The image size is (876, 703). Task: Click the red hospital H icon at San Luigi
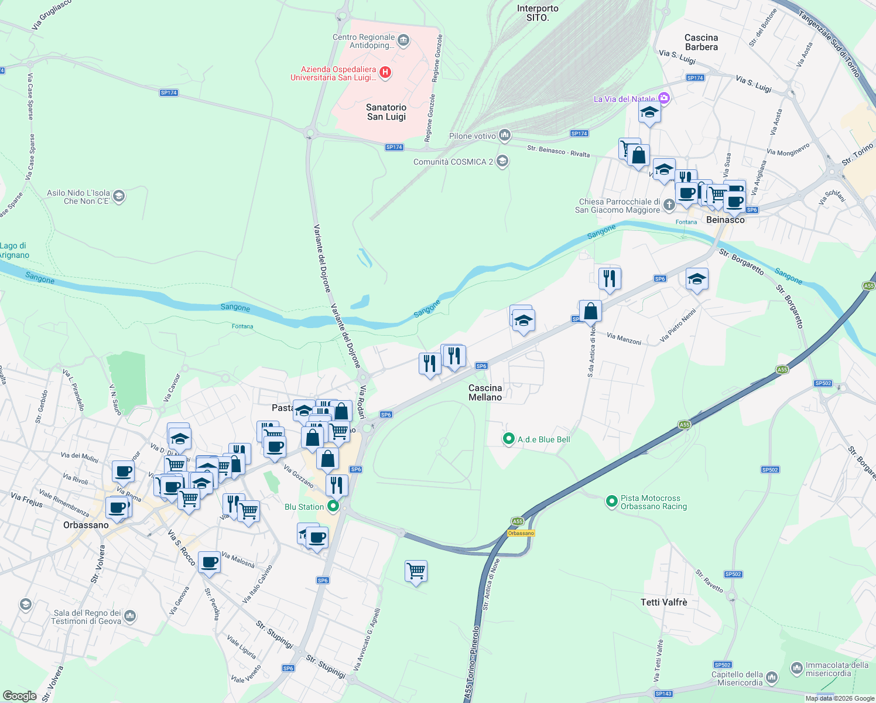point(385,73)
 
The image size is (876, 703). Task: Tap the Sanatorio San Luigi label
point(386,112)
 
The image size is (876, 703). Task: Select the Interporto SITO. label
point(538,13)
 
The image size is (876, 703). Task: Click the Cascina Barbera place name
point(701,42)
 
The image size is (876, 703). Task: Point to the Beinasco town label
point(726,220)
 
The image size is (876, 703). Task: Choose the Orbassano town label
point(86,525)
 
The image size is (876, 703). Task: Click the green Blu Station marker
point(333,506)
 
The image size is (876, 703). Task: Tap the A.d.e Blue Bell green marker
point(509,439)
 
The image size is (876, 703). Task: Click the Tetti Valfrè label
point(664,602)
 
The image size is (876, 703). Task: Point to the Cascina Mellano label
point(485,393)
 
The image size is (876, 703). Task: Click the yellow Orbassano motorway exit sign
point(521,533)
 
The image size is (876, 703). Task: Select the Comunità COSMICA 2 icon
point(502,161)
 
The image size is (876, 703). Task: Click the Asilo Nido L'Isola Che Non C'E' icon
point(119,196)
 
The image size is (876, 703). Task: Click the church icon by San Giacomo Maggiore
point(669,206)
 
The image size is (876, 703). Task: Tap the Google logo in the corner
point(19,696)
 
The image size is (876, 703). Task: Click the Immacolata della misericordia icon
point(796,668)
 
